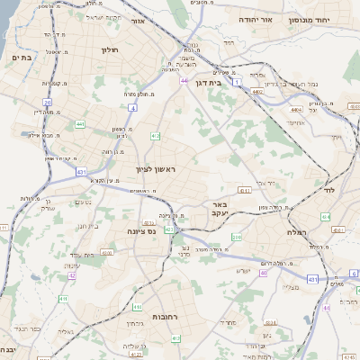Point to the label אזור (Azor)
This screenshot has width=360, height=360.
(x=138, y=21)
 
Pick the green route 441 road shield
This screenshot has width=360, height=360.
(x=80, y=123)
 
